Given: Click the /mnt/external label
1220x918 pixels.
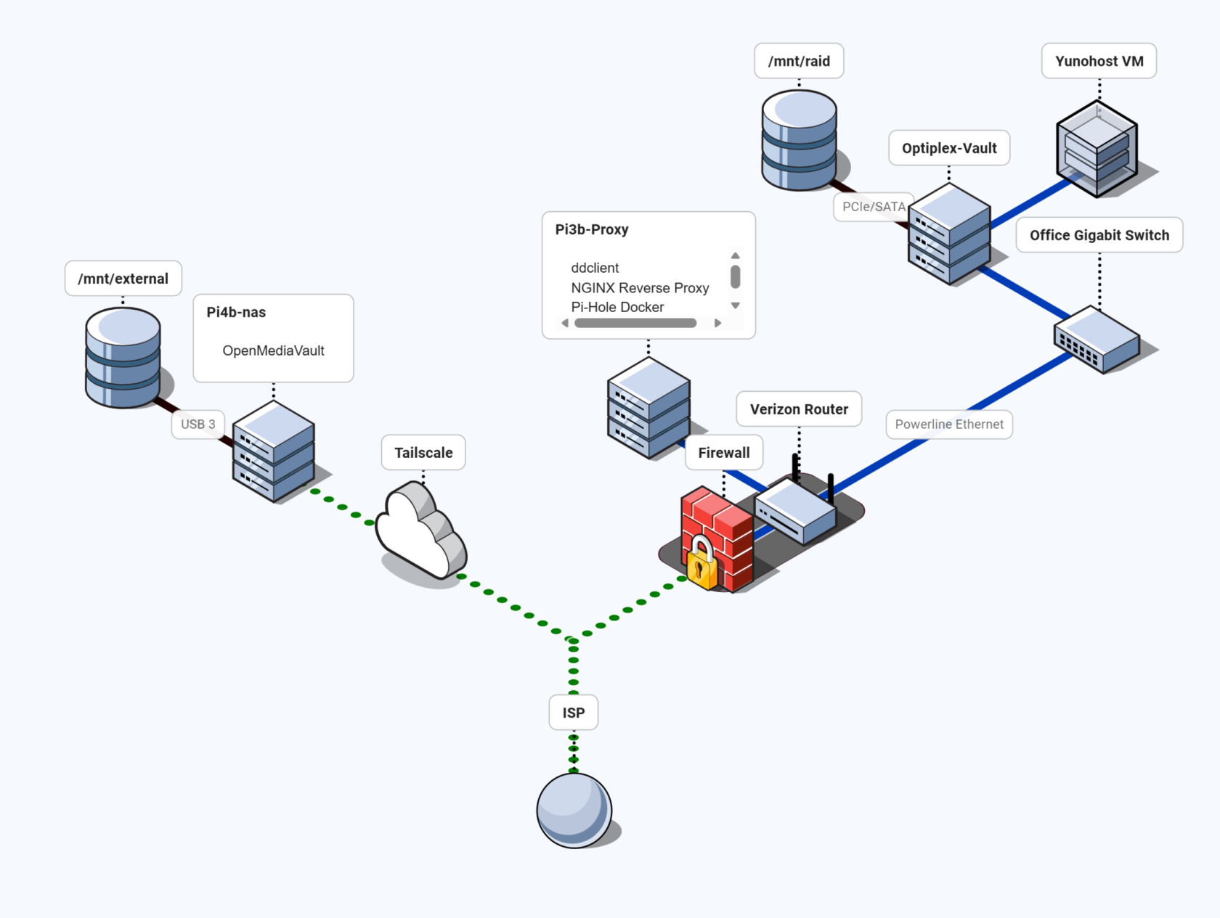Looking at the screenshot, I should pos(123,279).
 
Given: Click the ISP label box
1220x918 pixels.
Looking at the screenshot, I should pos(573,713).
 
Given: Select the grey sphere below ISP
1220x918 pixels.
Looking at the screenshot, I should pos(574,810).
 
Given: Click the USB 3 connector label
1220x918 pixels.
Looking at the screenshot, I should pos(198,424).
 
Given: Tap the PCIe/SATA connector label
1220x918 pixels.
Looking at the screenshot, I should pos(873,207).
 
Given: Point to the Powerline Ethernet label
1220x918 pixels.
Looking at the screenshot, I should pos(948,425).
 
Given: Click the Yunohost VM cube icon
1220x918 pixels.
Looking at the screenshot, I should pos(1096,149).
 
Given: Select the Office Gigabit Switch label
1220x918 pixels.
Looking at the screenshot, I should pos(1099,235).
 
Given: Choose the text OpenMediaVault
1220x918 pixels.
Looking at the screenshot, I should pos(273,351).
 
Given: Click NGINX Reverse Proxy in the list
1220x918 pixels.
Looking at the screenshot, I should pos(639,288).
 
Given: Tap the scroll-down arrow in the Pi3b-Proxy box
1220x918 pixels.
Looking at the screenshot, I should pos(735,306).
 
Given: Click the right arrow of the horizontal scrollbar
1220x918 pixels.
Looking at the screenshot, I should pos(717,323).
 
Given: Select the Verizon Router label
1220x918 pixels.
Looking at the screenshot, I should pos(798,409).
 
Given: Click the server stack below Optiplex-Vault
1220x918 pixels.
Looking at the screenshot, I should pos(948,234).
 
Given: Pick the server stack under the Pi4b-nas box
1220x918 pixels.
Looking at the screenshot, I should pos(273,451).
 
